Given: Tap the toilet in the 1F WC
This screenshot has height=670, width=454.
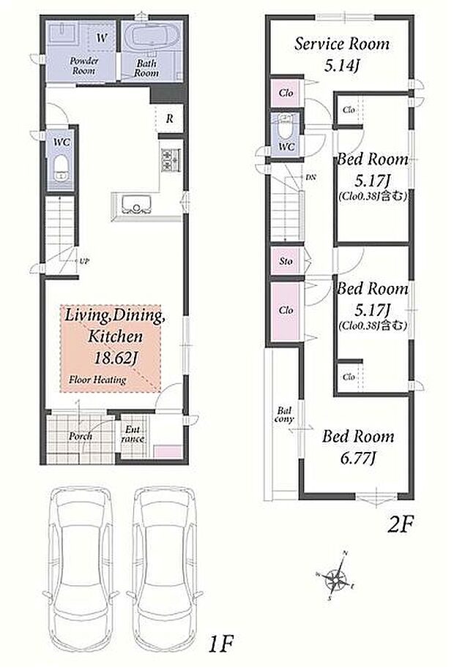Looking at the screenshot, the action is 62,167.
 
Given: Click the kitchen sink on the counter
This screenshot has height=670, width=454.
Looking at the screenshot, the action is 137,204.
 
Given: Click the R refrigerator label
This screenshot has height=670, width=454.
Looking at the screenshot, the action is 170,118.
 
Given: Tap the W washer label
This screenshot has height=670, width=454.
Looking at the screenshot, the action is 101,39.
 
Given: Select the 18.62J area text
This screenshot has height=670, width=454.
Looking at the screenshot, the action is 115,358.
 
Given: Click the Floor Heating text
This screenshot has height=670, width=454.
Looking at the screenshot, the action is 97,380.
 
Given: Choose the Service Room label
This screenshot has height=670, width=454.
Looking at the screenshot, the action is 342,44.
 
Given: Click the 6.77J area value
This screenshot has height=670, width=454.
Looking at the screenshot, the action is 358,459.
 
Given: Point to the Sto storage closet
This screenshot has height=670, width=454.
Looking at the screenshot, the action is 286,260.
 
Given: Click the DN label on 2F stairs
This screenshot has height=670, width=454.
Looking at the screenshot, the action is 311,177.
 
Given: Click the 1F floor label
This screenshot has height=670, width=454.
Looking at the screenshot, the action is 220,643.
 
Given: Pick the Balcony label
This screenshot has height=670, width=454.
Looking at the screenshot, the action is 284,415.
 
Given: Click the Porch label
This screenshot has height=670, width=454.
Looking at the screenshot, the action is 81,436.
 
